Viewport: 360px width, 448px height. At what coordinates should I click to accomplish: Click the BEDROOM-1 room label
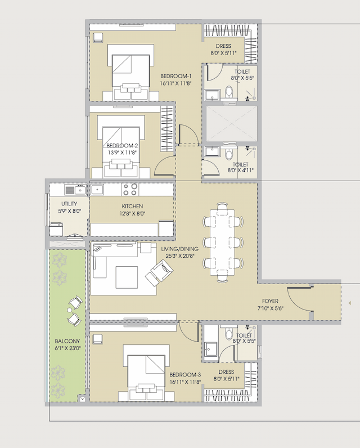tap(175, 76)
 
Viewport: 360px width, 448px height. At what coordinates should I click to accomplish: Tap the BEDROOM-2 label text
tap(123, 145)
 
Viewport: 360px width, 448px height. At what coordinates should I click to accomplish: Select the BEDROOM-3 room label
tap(185, 374)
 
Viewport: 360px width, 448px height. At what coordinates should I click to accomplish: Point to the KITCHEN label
tap(132, 207)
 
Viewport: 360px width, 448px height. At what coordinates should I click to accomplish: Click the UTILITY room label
tap(69, 204)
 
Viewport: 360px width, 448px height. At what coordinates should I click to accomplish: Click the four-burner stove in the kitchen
tap(130, 189)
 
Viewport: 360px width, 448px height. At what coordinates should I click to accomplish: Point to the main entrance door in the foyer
tap(299, 301)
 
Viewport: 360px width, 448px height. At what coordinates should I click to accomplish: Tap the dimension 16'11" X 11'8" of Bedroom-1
tap(175, 83)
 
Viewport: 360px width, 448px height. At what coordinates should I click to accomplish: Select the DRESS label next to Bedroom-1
tap(223, 47)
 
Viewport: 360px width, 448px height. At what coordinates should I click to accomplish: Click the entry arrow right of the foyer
tap(350, 303)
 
